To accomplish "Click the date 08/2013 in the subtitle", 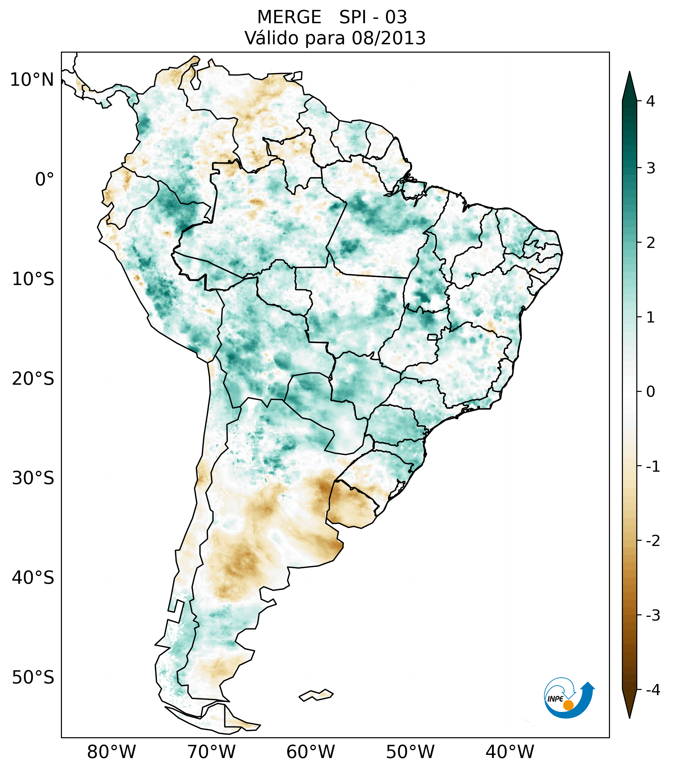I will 388,38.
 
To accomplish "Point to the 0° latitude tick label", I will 45,180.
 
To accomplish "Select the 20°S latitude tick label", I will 33,379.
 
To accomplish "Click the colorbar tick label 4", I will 650,101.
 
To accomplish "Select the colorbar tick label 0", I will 650,392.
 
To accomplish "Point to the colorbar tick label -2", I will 653,541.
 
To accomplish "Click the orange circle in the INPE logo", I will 568,705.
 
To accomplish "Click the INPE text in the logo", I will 555,699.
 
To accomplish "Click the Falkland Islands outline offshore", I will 316,695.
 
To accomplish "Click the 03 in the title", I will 396,17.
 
